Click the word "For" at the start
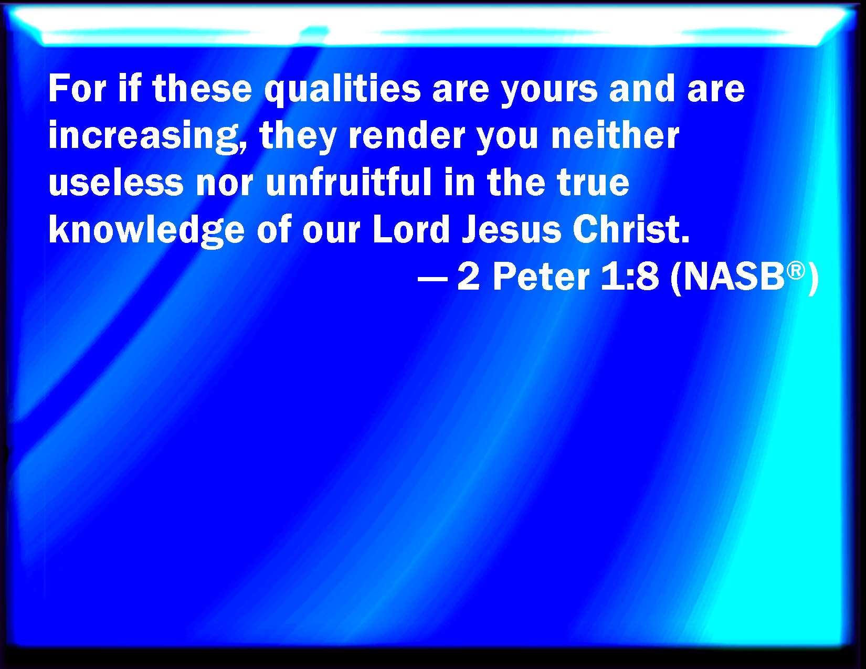tap(77, 89)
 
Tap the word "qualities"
tap(342, 91)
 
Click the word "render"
tap(407, 135)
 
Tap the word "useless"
tap(116, 183)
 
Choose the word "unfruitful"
tap(348, 182)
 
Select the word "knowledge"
tap(146, 230)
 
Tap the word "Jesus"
tap(511, 229)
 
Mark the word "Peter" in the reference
tap(541, 277)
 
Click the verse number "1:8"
tap(629, 277)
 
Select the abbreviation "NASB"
tap(734, 277)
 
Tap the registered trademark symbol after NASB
tap(796, 271)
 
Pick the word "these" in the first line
tap(202, 89)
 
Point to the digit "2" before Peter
tap(468, 277)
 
